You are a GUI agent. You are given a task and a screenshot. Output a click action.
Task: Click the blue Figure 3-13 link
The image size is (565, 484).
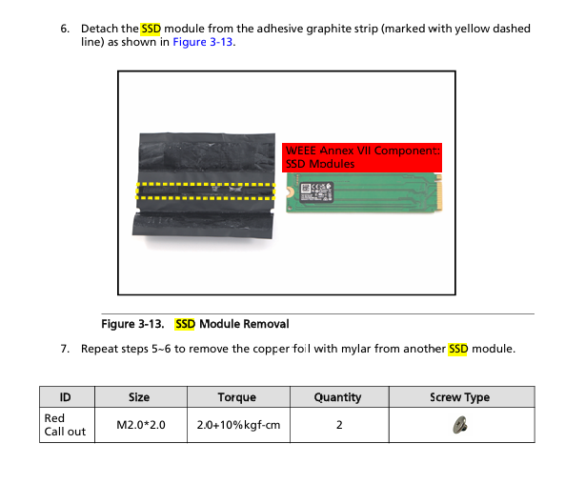click(203, 42)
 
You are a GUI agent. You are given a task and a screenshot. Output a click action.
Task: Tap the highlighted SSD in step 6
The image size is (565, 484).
click(151, 29)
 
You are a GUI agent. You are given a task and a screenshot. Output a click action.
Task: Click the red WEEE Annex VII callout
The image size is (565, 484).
click(362, 157)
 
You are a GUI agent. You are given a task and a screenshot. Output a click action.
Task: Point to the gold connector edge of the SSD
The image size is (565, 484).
click(438, 192)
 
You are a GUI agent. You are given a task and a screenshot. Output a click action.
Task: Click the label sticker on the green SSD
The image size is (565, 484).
click(316, 192)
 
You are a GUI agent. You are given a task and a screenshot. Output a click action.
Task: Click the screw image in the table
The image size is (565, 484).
click(460, 425)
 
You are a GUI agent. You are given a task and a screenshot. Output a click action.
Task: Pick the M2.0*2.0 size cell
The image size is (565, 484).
click(141, 425)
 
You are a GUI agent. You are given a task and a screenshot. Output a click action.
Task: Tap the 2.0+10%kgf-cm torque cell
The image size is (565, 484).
click(238, 425)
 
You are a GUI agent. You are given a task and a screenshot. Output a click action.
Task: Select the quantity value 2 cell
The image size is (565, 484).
click(339, 425)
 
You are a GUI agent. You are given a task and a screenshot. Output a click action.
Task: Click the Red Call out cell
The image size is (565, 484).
click(67, 425)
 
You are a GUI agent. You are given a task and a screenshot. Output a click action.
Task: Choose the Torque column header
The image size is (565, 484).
click(238, 397)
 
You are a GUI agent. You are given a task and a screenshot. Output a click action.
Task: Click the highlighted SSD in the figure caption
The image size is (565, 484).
click(185, 324)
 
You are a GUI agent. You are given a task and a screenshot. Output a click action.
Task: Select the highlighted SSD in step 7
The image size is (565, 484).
click(458, 349)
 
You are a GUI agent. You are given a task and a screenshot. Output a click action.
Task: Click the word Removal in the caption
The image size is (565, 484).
click(266, 324)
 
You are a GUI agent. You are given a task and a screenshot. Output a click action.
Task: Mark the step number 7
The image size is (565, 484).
click(65, 349)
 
